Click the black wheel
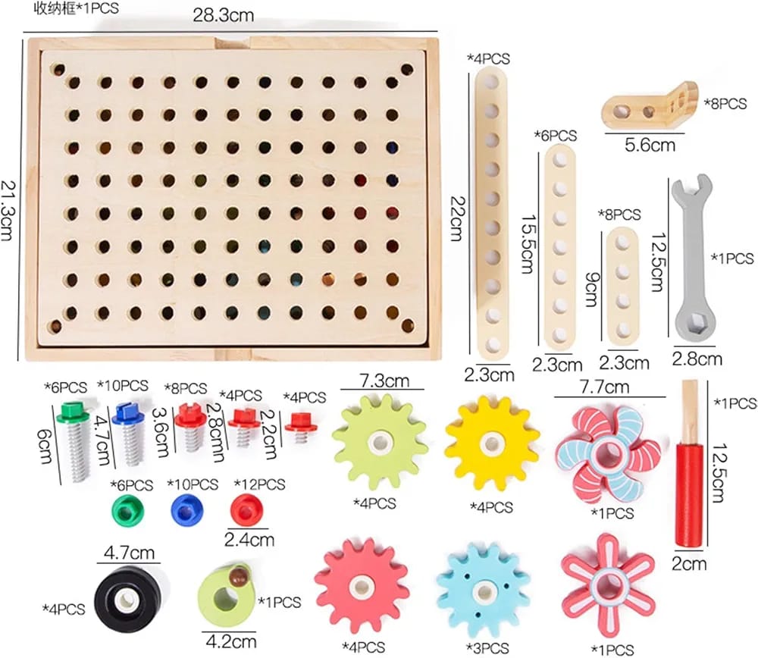point(128,600)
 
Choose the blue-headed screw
point(129,435)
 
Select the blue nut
point(187,510)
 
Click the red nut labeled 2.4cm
point(246,510)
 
